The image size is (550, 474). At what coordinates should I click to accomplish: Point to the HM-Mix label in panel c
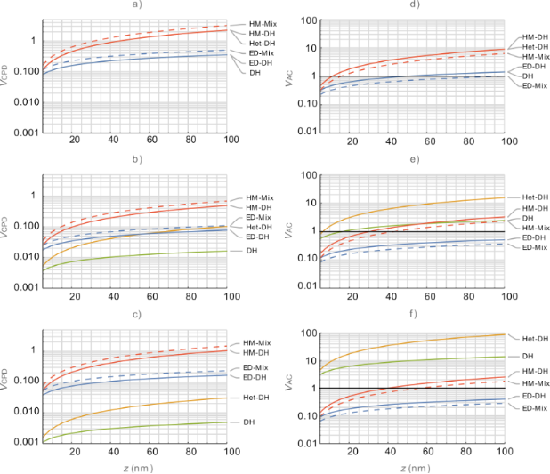click(257, 342)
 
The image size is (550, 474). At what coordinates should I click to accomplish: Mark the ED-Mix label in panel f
click(534, 406)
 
